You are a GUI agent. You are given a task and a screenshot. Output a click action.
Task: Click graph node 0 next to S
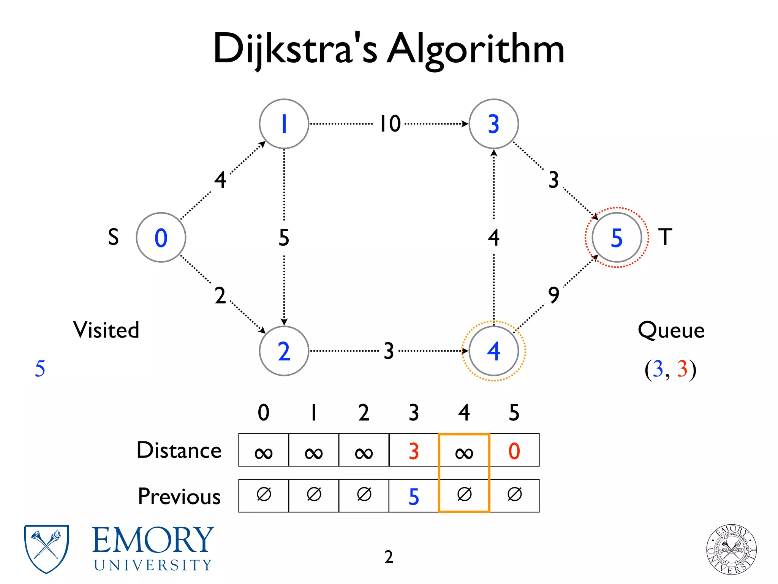[x=161, y=237]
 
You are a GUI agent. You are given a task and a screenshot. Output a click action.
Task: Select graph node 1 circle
[x=284, y=124]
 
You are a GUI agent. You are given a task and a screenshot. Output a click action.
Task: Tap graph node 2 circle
[x=284, y=351]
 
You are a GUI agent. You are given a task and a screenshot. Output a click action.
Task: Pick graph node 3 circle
[x=493, y=124]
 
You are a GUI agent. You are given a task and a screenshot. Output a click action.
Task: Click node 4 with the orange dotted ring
[x=493, y=351]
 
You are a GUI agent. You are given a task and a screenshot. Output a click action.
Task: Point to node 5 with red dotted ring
[x=617, y=237]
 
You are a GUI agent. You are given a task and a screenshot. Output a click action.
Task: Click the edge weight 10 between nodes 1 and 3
[x=390, y=124]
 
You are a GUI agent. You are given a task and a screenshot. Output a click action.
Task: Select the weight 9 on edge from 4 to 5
[x=554, y=295]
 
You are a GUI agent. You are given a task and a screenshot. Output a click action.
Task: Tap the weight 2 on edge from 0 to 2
[x=220, y=295]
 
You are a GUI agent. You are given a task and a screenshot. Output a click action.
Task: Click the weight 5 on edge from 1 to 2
[x=284, y=237]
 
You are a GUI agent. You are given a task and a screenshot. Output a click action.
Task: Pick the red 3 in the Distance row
[x=414, y=451]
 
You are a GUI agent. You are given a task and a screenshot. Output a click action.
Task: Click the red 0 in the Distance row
[x=514, y=451]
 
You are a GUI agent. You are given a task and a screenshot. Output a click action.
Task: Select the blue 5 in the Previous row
[x=414, y=497]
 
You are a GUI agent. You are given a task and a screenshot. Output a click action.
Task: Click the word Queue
[x=671, y=330]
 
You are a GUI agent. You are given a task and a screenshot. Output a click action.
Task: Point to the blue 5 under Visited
[x=40, y=368]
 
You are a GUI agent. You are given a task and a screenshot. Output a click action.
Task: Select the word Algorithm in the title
[x=475, y=49]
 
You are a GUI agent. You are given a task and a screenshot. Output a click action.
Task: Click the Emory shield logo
[x=46, y=548]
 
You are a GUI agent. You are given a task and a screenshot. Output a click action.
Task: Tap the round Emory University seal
[x=731, y=549]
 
